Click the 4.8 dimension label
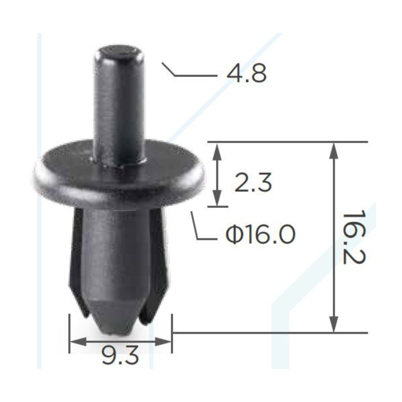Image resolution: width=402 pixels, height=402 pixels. tap(246, 74)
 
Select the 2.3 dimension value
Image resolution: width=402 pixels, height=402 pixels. tap(253, 183)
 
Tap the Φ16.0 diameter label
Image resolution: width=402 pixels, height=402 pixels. tap(260, 234)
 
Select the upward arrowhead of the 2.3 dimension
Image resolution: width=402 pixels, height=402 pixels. tap(217, 150)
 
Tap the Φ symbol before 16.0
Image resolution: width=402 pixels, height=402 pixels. tap(233, 234)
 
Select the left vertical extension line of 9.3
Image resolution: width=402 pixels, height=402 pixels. tap(69, 334)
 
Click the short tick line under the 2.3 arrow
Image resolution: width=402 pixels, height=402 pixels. tap(218, 207)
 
